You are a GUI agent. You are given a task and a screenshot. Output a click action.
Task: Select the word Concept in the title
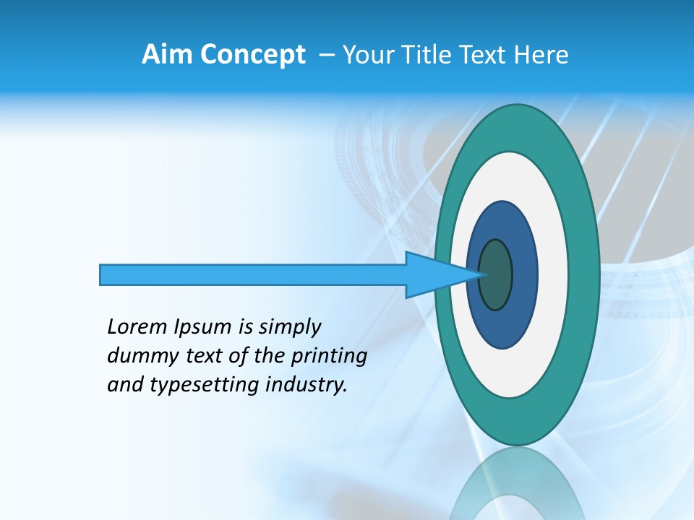[x=253, y=55]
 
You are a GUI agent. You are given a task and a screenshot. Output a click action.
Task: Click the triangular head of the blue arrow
[x=434, y=275]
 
